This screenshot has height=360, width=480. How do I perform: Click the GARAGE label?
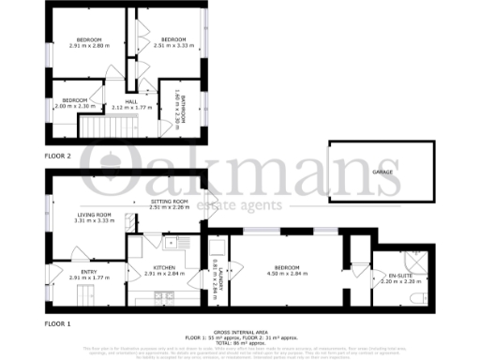[x=381, y=172]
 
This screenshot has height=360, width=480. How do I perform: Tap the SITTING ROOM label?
[x=170, y=202]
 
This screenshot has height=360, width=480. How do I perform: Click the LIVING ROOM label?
[x=95, y=215]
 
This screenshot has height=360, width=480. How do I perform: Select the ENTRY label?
[x=89, y=272]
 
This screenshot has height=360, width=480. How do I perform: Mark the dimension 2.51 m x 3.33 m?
[x=172, y=44]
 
